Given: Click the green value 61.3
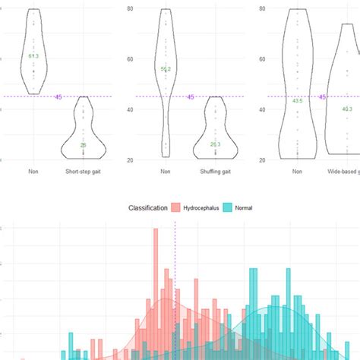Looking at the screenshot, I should (x=33, y=57).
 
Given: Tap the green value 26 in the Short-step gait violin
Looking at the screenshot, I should (x=83, y=145).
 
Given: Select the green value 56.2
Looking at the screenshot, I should (x=166, y=69).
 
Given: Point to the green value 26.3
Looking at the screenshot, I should (x=215, y=144).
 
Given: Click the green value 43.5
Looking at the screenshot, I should (x=298, y=100).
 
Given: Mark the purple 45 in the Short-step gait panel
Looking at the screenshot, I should (x=58, y=96).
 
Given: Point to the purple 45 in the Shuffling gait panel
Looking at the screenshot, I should (x=190, y=96).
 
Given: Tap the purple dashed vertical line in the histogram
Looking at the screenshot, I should (x=175, y=289).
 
